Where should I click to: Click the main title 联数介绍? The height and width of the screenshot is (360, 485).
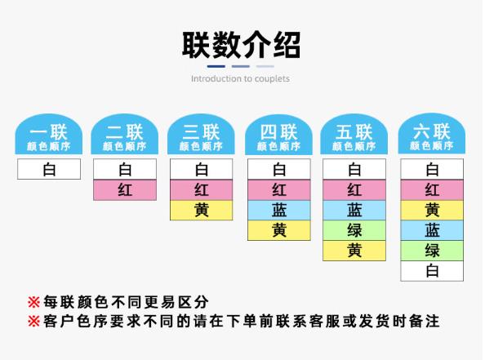pyautogui.click(x=241, y=45)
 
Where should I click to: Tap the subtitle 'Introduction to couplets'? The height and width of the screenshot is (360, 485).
pyautogui.click(x=240, y=79)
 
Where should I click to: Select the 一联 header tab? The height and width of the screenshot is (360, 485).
pyautogui.click(x=49, y=134)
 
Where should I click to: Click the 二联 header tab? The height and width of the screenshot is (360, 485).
pyautogui.click(x=125, y=134)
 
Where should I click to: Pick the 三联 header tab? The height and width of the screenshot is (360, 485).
pyautogui.click(x=201, y=134)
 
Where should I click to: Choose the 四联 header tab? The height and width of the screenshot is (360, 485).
pyautogui.click(x=278, y=134)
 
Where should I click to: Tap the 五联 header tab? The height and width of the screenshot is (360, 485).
pyautogui.click(x=354, y=134)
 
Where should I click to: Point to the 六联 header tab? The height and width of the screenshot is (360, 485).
pyautogui.click(x=432, y=134)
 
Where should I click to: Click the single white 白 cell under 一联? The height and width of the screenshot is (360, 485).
pyautogui.click(x=49, y=169)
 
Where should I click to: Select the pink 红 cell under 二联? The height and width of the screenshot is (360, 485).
pyautogui.click(x=125, y=190)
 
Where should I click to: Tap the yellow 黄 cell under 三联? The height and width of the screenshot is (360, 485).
pyautogui.click(x=202, y=211)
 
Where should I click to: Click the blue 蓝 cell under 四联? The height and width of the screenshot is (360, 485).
pyautogui.click(x=279, y=211)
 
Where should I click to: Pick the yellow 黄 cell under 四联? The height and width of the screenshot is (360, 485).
pyautogui.click(x=279, y=230)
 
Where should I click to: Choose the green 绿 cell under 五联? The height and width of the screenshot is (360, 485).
pyautogui.click(x=354, y=230)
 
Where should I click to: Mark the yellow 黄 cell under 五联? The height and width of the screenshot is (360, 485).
pyautogui.click(x=354, y=251)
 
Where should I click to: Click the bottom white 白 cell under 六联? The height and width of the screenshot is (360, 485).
pyautogui.click(x=432, y=271)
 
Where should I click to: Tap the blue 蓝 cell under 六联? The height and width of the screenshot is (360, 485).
pyautogui.click(x=432, y=230)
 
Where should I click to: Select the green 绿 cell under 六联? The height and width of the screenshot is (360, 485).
pyautogui.click(x=432, y=251)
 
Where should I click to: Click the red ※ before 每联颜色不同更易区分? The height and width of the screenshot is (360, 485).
pyautogui.click(x=33, y=302)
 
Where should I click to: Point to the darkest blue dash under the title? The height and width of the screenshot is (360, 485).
pyautogui.click(x=216, y=66)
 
